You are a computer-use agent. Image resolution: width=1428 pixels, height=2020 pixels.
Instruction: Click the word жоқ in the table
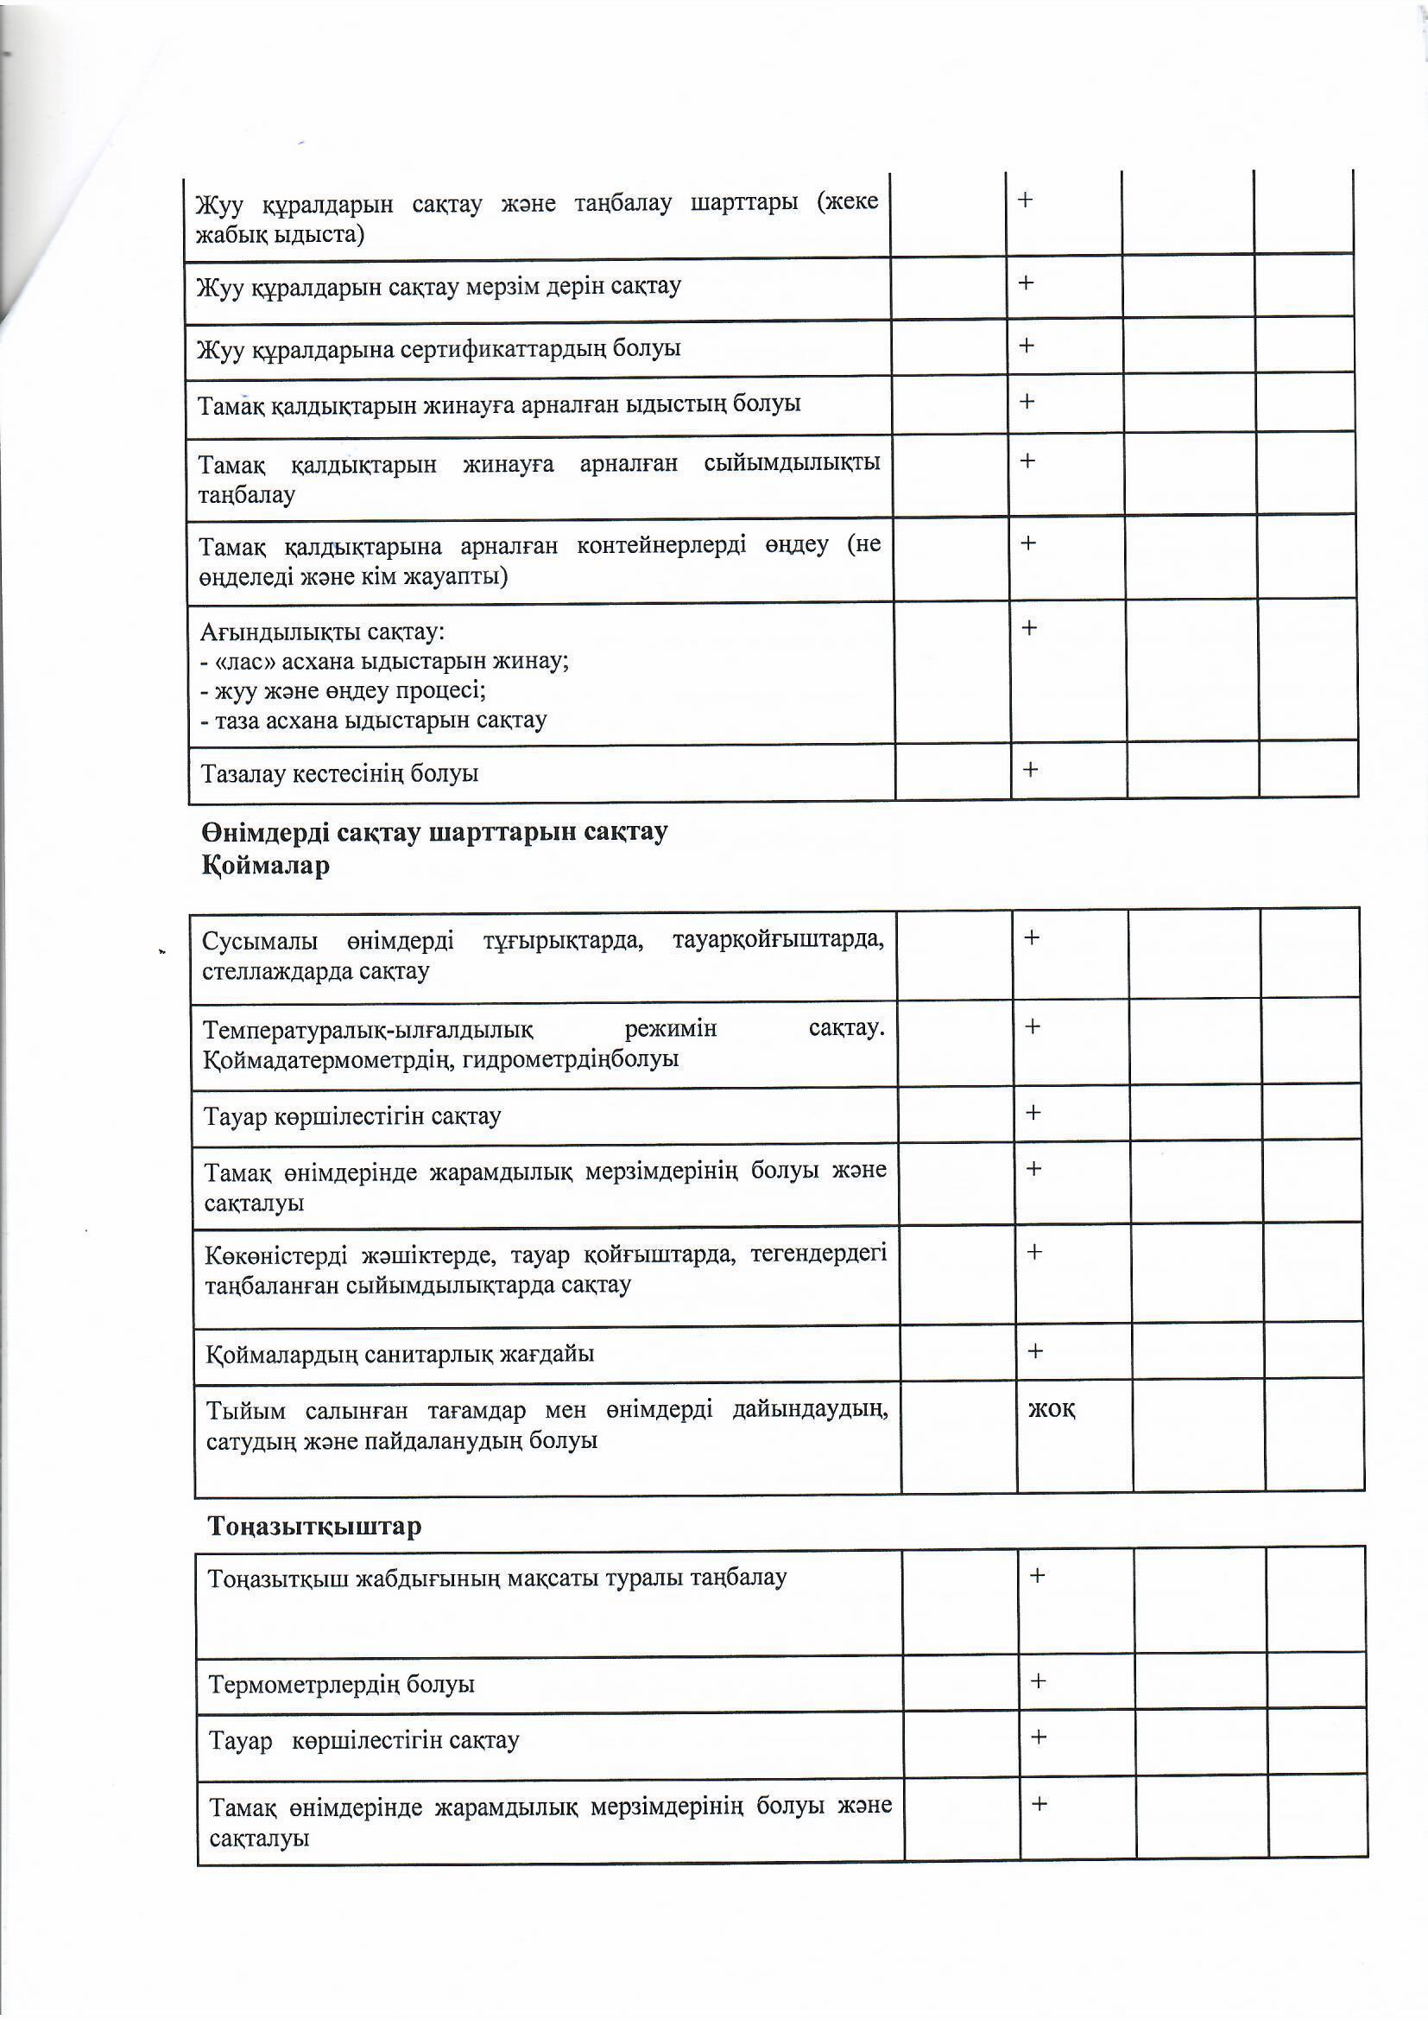(x=1051, y=1409)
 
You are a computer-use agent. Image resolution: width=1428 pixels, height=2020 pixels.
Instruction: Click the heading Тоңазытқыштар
(x=314, y=1526)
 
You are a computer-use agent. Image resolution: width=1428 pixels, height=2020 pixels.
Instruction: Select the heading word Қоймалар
(x=266, y=866)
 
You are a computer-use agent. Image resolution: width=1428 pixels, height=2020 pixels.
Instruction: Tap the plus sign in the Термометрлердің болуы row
(x=1038, y=1681)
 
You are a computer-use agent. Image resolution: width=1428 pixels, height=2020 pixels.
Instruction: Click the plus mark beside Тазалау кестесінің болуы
(x=1031, y=769)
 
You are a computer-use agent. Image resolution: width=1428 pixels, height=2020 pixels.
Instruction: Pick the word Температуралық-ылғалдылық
(x=369, y=1029)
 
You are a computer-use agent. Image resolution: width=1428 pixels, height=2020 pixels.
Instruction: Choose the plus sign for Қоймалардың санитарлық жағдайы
(x=1035, y=1350)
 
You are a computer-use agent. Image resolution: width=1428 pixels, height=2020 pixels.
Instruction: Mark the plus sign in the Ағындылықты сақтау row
(x=1029, y=628)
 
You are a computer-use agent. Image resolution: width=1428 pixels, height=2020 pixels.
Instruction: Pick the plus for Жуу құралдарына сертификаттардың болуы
(x=1027, y=346)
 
